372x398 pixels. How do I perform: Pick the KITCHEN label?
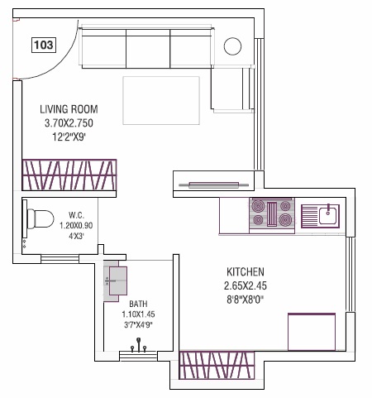[246, 271]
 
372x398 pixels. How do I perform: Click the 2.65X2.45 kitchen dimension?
[245, 285]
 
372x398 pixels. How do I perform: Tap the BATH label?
[138, 304]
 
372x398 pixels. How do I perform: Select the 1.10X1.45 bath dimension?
[138, 315]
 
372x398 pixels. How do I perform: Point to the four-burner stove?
[271, 213]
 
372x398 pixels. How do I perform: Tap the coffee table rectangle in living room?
[161, 98]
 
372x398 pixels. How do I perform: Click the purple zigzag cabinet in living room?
[69, 175]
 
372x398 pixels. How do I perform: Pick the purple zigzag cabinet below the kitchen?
[221, 366]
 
